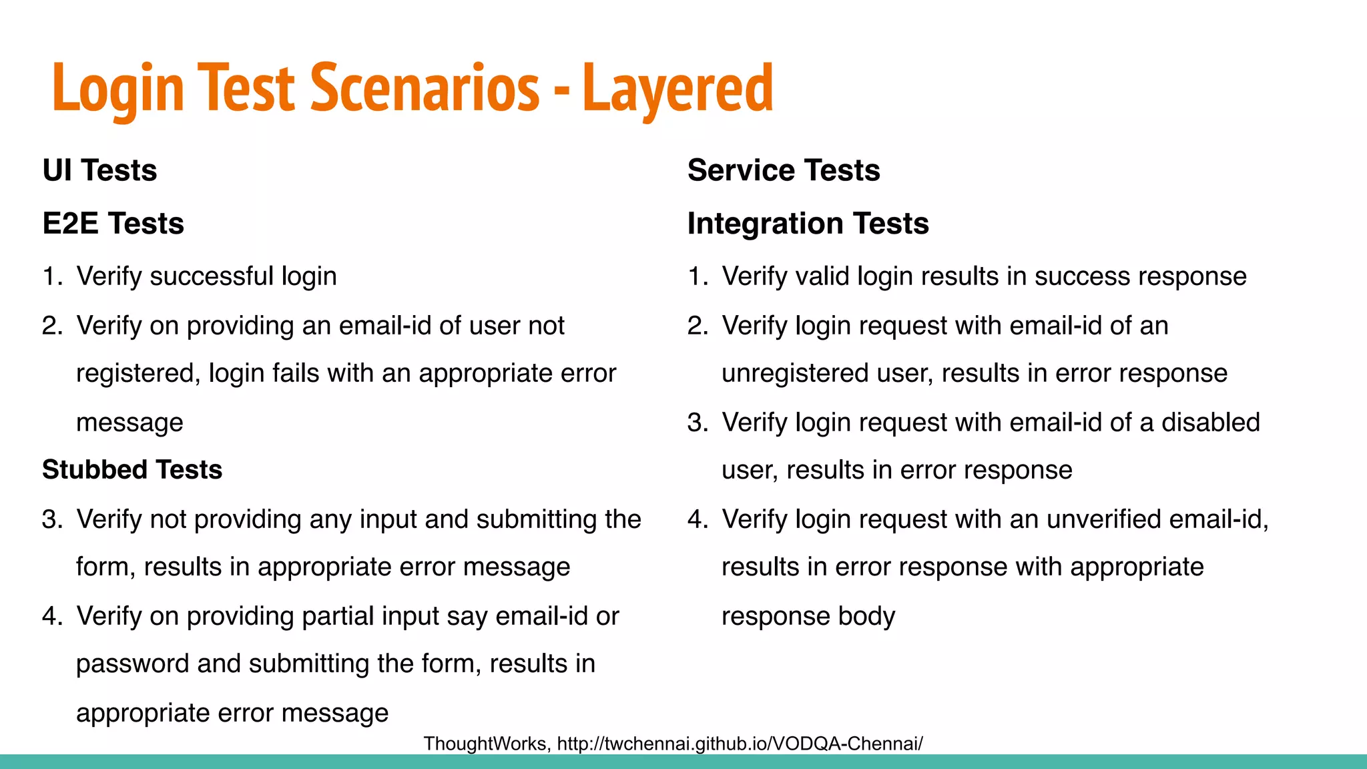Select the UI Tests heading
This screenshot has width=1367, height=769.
pos(99,170)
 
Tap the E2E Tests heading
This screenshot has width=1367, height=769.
pos(113,223)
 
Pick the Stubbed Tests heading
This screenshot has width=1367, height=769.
pos(131,469)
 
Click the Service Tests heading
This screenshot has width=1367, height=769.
pos(784,170)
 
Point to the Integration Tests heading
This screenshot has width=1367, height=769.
pos(808,223)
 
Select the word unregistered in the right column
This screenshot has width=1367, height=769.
pos(794,373)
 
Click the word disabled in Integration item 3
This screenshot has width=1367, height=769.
pos(1210,423)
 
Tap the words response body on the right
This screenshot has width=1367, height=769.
pos(808,616)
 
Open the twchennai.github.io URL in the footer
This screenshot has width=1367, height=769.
pos(740,744)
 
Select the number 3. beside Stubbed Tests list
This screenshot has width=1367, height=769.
pos(52,519)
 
